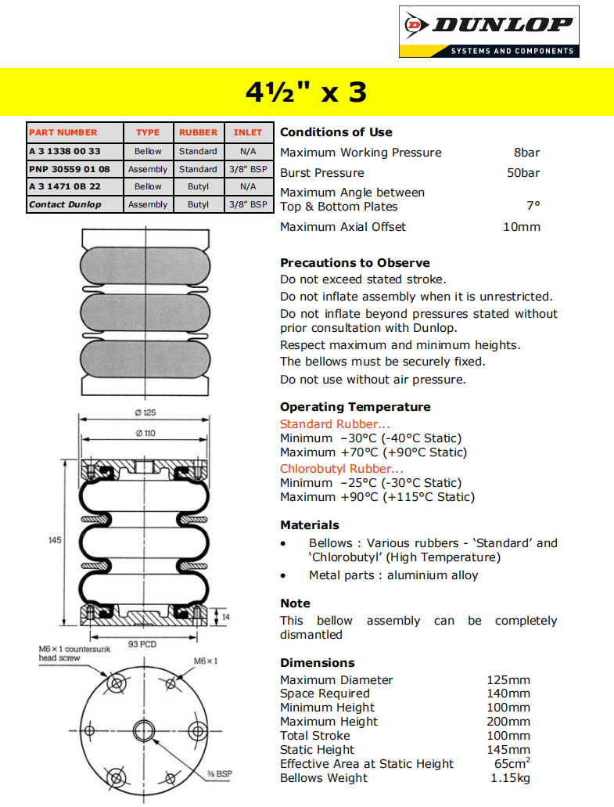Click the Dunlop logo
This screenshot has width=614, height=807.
coord(489,31)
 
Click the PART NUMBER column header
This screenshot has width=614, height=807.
coord(63,132)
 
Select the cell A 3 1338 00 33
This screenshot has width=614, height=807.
coord(65,151)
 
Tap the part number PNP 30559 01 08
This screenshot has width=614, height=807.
coord(70,169)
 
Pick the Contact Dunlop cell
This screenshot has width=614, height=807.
coord(65,204)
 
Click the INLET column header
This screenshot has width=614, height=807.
coord(248,132)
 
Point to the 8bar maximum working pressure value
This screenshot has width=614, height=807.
coord(526,153)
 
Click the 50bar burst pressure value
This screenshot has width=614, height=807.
coord(523,173)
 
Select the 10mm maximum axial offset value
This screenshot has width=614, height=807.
coord(521,227)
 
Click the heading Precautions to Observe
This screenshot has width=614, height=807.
coord(355,263)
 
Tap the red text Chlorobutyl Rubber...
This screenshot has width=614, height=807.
coord(342,469)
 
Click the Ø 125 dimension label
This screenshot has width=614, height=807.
coord(145,413)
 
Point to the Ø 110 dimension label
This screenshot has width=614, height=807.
coord(145,433)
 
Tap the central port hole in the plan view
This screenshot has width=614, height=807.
coord(145,731)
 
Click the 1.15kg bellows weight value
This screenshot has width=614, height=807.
coord(510,778)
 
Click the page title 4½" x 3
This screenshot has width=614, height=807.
coord(306,92)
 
